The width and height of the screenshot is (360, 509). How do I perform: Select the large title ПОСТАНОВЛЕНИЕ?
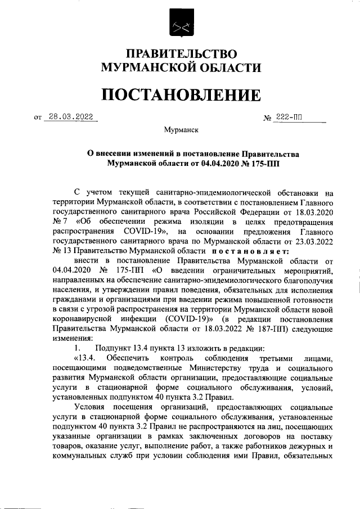pyautogui.click(x=180, y=94)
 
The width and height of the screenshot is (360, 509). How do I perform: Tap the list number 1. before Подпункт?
pyautogui.click(x=78, y=349)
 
